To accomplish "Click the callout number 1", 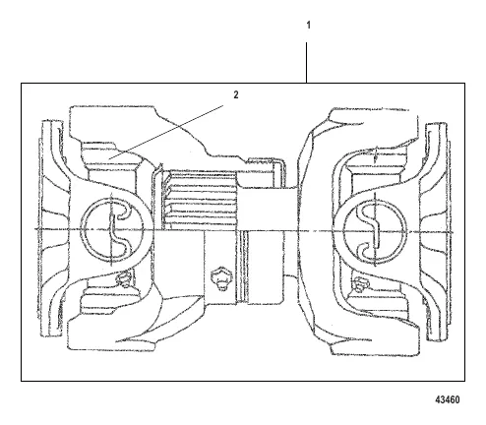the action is click(x=308, y=25).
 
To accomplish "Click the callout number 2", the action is click(x=236, y=95).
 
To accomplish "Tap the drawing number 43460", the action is click(x=448, y=399).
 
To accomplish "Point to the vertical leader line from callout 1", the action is click(x=307, y=62).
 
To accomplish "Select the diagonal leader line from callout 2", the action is click(x=166, y=132).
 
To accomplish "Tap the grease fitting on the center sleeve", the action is click(x=221, y=278).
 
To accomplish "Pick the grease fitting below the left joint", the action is click(x=124, y=278).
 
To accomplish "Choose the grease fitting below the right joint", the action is click(x=361, y=284).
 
